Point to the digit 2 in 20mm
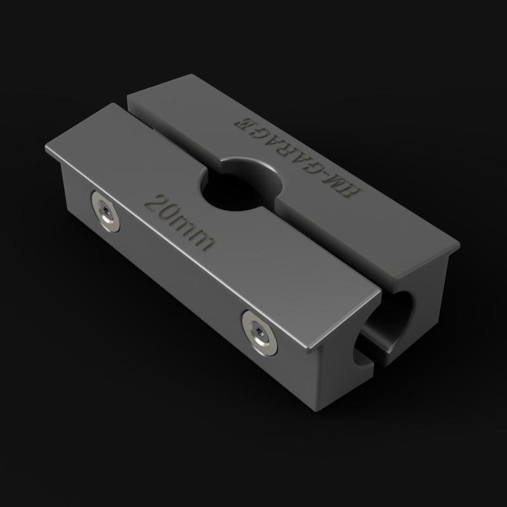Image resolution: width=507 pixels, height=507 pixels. (155, 204)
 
